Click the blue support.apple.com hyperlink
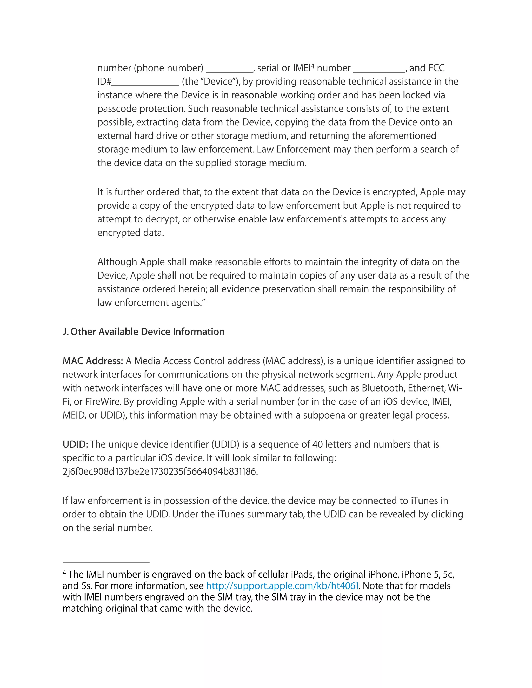pyautogui.click(x=282, y=586)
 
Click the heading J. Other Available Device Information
pyautogui.click(x=143, y=332)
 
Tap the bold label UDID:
pyautogui.click(x=75, y=444)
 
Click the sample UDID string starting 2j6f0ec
pyautogui.click(x=160, y=471)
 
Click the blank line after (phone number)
pyautogui.click(x=230, y=71)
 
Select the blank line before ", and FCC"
pyautogui.click(x=379, y=71)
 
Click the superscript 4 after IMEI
pyautogui.click(x=313, y=65)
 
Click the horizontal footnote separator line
pyautogui.click(x=106, y=562)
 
